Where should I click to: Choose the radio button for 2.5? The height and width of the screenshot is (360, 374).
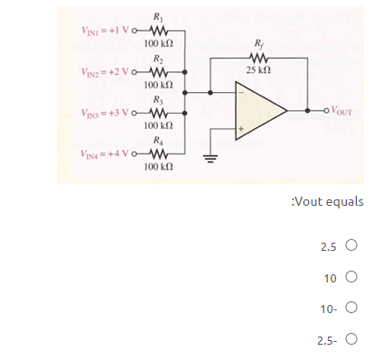pos(351,245)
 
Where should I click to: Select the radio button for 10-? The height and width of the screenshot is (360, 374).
pos(351,309)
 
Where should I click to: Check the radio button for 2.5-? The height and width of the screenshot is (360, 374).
pos(351,340)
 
